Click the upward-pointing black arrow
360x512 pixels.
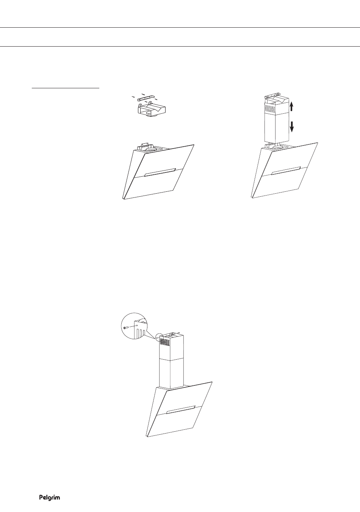(x=291, y=106)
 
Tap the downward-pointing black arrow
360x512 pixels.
(x=291, y=127)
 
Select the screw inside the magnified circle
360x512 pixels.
(x=126, y=327)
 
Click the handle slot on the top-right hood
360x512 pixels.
(x=286, y=171)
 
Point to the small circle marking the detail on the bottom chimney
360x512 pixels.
(x=159, y=337)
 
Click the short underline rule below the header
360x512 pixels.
(x=66, y=88)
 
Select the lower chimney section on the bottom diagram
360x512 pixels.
(x=171, y=373)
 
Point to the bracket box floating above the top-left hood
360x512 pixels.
(x=152, y=110)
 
